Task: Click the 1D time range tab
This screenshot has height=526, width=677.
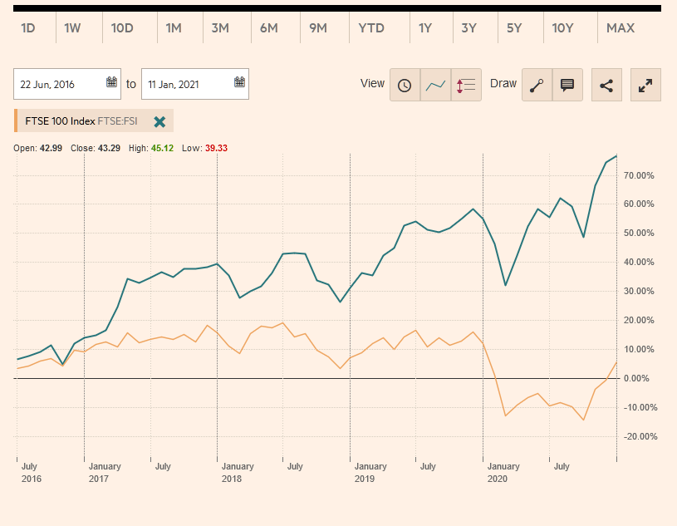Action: pos(27,28)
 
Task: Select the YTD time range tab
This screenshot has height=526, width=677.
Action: pos(371,28)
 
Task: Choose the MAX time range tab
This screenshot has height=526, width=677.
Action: pos(621,28)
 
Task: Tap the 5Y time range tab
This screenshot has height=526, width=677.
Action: pos(514,28)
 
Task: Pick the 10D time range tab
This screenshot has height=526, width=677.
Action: pos(122,28)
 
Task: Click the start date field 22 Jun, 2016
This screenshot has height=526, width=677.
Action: pos(58,84)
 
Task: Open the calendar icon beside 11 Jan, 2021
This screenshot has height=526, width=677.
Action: pos(239,82)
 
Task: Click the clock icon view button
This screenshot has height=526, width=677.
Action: pos(405,85)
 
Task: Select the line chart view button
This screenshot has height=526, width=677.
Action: pos(435,85)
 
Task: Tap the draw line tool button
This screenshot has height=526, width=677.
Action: pos(537,85)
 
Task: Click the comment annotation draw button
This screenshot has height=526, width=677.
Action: pos(567,85)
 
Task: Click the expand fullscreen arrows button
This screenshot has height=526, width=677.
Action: pos(645,85)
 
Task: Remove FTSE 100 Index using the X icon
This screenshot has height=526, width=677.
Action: pos(159,121)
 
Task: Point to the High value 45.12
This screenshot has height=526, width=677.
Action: pos(162,148)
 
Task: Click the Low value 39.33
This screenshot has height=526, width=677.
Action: pos(216,148)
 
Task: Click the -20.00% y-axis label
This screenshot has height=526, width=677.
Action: pos(640,437)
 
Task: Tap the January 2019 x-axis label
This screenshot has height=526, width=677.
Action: pos(370,472)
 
